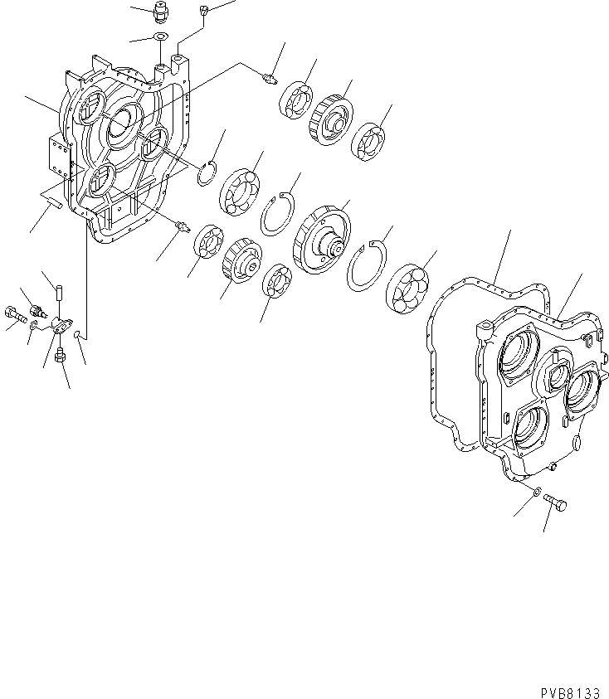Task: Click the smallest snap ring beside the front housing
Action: tap(212, 173)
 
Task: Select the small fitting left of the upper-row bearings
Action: tap(268, 79)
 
